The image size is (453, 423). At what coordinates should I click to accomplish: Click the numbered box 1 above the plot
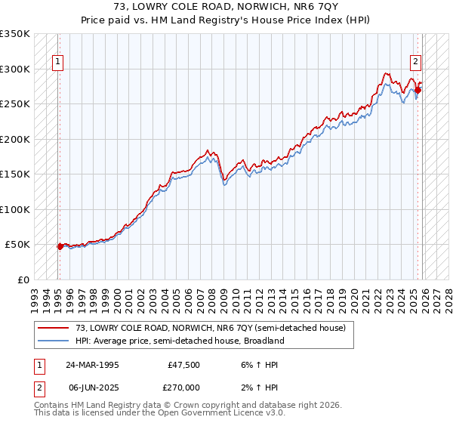(58, 63)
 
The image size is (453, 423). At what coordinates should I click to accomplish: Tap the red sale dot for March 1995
(60, 246)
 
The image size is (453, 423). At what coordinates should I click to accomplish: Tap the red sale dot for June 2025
(418, 90)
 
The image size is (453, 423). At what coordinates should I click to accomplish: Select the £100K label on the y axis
(15, 209)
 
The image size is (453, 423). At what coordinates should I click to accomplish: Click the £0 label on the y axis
(23, 279)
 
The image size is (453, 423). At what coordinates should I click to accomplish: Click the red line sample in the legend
(53, 329)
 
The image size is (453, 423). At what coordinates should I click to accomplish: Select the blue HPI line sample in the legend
(53, 341)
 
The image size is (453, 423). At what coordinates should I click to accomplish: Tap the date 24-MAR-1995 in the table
(92, 365)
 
